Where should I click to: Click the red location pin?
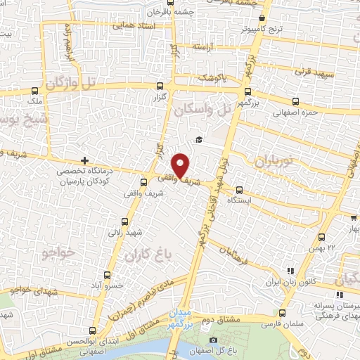coord(181,165)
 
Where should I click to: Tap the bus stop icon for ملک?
coord(35,91)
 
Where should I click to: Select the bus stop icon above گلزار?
coord(159,86)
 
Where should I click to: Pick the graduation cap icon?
coord(200,139)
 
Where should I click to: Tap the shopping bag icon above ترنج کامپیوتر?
coord(262,18)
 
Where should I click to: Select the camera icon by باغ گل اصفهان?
coord(214,341)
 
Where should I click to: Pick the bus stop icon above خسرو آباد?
coord(107,274)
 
